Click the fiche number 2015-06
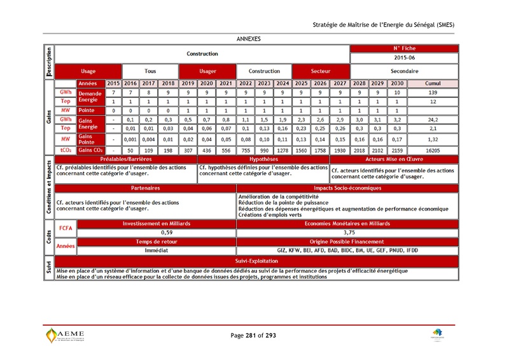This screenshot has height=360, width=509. tap(404, 58)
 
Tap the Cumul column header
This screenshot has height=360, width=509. tap(433, 83)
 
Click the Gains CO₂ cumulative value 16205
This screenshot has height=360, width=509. tap(433, 149)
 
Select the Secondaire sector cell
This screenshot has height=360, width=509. tap(404, 71)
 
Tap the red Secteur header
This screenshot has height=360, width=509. tap(320, 71)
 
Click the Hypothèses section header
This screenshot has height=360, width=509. tap(263, 159)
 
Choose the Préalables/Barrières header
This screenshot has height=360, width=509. tap(125, 159)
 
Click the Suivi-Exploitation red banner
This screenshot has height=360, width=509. tap(256, 261)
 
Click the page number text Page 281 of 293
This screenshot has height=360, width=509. tap(253, 335)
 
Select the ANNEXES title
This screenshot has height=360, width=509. tap(248, 39)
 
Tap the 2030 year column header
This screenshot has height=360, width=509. tap(397, 83)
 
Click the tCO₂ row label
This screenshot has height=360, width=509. tap(65, 149)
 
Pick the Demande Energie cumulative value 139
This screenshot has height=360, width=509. tap(433, 93)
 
